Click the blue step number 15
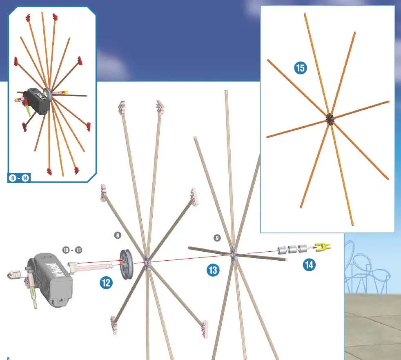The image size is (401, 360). click(300, 67)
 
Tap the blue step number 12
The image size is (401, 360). click(106, 283)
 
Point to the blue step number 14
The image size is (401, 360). click(309, 265)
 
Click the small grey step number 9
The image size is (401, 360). click(216, 237)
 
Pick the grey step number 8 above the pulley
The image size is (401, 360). click(118, 235)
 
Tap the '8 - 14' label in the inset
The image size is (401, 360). click(20, 178)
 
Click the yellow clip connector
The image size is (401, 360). click(323, 246)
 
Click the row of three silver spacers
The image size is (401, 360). click(292, 249)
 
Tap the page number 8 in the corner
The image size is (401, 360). click(8, 358)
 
